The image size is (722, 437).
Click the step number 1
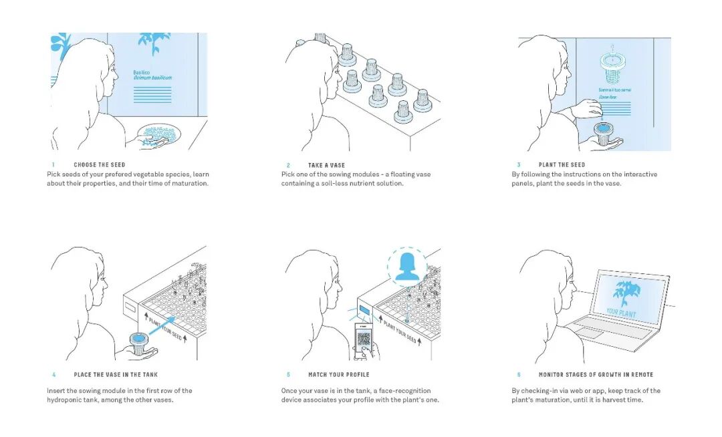point(53,164)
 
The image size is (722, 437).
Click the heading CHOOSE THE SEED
point(100,164)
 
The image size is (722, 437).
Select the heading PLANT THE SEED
point(562,165)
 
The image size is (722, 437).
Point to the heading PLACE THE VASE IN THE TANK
point(116,375)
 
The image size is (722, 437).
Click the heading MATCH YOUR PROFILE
point(338,375)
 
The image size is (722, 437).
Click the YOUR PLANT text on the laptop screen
point(621,312)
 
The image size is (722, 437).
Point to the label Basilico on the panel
point(141,71)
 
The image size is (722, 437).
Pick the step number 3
point(518,165)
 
